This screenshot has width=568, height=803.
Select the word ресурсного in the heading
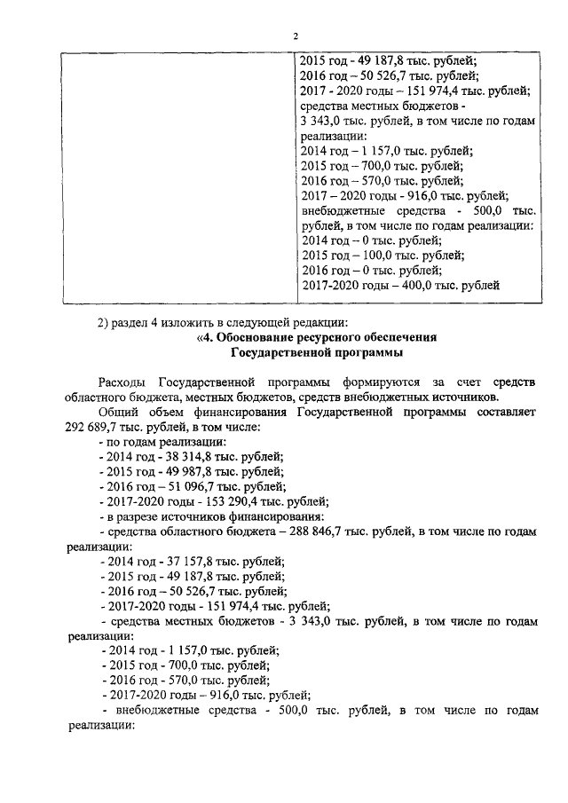pyautogui.click(x=345, y=338)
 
